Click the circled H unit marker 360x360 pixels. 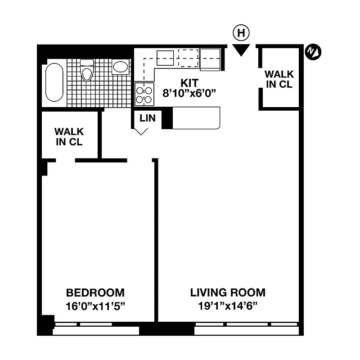[242, 32]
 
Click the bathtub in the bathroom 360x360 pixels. [54, 83]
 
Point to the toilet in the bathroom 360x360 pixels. [87, 71]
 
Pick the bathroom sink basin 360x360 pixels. [121, 67]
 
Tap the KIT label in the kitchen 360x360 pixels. [189, 83]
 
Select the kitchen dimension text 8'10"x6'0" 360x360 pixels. [189, 94]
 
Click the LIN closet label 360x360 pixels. [147, 118]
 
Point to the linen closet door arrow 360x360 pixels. [141, 131]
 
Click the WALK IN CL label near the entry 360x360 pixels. [279, 79]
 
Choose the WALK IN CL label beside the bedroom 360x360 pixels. [69, 136]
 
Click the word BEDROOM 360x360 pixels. [95, 292]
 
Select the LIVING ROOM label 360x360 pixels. [228, 292]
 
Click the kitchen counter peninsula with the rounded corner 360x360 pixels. [197, 118]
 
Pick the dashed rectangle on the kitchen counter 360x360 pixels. [189, 57]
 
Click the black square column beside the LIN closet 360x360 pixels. [167, 119]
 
